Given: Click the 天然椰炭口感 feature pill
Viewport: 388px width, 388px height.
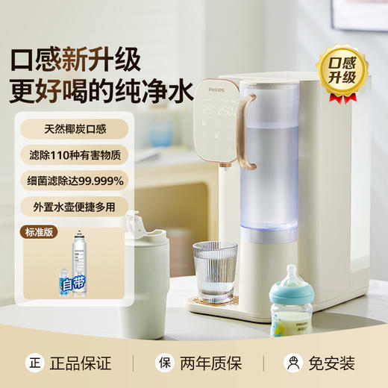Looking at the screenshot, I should pyautogui.click(x=75, y=129).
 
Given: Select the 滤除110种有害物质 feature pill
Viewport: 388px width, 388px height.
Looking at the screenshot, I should pyautogui.click(x=75, y=154).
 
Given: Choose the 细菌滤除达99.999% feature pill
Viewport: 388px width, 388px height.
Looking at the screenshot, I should pyautogui.click(x=75, y=180).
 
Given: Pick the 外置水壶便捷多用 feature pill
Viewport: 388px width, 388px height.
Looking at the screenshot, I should pyautogui.click(x=75, y=206).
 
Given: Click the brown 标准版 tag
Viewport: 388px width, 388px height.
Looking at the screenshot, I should pyautogui.click(x=38, y=231).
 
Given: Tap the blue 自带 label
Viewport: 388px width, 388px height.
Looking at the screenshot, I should pyautogui.click(x=74, y=284).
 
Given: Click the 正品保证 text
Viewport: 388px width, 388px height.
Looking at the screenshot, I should pyautogui.click(x=80, y=363).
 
